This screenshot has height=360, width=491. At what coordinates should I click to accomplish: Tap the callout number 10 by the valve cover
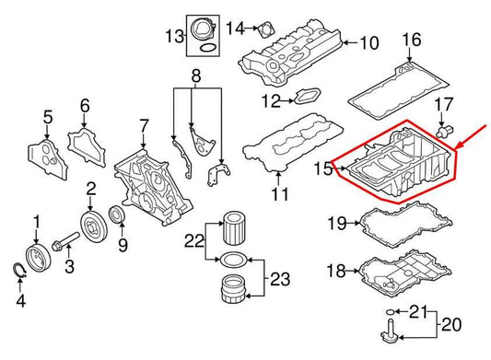pos(368,42)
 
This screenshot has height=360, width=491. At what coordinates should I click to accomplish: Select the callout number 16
pos(412,39)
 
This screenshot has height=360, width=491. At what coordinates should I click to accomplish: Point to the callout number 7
pos(144,124)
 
